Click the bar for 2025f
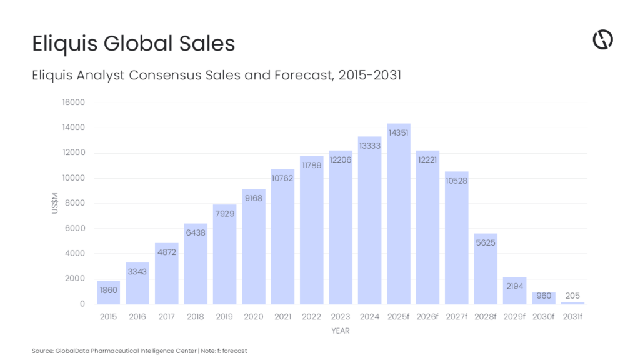pos(398,214)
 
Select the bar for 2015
pos(109,292)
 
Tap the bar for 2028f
pos(485,269)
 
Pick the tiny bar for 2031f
pos(572,303)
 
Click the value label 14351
pos(398,132)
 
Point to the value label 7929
pos(225,214)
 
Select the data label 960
pos(544,296)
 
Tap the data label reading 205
pos(572,296)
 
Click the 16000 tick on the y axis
pos(74,102)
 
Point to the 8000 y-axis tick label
pos(75,203)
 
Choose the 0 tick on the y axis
pos(82,304)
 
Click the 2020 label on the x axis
pos(254,317)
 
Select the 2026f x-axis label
pos(427,317)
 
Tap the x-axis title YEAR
pos(341,331)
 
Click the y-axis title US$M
pos(55,203)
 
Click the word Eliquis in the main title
pos(65,44)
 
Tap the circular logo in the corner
pos(603,39)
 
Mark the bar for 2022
pos(311,230)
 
